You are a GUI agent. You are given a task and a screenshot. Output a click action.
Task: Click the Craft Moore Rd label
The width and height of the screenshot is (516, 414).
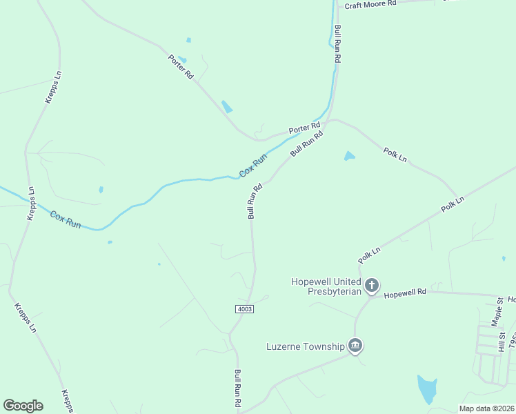pyautogui.click(x=370, y=4)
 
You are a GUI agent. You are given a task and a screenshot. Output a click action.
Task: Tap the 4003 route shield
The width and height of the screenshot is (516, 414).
pyautogui.click(x=244, y=308)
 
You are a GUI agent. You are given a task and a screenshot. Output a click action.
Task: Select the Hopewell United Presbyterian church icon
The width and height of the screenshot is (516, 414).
pyautogui.click(x=372, y=285)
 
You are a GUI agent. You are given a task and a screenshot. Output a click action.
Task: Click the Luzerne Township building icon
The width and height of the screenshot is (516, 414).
pyautogui.click(x=355, y=345)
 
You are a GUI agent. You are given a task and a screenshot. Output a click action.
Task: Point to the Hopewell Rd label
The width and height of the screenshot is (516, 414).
pyautogui.click(x=406, y=293)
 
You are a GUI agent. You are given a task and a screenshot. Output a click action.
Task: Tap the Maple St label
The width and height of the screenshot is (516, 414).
pyautogui.click(x=497, y=312)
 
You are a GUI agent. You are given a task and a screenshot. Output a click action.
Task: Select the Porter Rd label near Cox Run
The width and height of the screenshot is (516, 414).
pyautogui.click(x=304, y=128)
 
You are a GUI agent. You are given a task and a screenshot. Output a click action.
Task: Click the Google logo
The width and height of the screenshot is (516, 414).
pyautogui.click(x=23, y=406)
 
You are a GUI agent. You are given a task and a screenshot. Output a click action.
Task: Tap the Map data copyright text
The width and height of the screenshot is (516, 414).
pyautogui.click(x=486, y=408)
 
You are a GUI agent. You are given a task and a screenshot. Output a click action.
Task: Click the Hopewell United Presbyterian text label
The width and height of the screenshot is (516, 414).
pyautogui.click(x=326, y=286)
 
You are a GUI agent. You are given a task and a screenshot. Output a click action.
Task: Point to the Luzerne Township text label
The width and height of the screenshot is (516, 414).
pyautogui.click(x=305, y=346)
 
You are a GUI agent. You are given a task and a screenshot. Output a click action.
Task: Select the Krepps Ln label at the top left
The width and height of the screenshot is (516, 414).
pyautogui.click(x=54, y=86)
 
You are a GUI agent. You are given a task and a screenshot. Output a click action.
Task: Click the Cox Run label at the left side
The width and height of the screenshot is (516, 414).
pyautogui.click(x=66, y=219)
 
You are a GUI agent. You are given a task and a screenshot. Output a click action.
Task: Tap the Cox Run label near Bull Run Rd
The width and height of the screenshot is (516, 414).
pyautogui.click(x=252, y=166)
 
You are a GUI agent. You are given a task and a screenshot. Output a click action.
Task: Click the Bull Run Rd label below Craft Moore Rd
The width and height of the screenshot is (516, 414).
pyautogui.click(x=337, y=45)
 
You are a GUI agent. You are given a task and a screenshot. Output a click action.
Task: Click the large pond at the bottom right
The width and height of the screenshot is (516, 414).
pyautogui.click(x=427, y=389)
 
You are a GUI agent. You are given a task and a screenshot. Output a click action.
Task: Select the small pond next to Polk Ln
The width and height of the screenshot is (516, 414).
pyautogui.click(x=349, y=156)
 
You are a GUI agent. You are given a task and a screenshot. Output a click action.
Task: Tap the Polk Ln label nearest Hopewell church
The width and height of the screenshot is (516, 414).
pyautogui.click(x=369, y=254)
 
